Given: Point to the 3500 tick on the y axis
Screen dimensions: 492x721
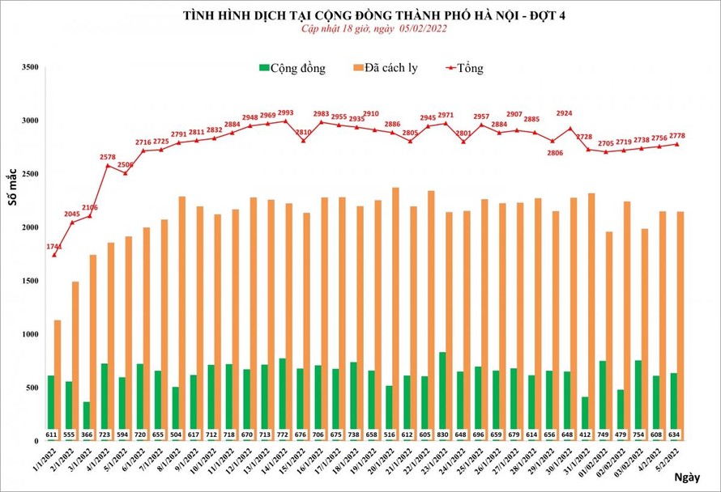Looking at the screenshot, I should [x=29, y=67].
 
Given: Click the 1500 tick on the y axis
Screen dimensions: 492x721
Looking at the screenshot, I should [x=29, y=281].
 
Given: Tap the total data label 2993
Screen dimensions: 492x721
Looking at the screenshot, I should [x=285, y=112].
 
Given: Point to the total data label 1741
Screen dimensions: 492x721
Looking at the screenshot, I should [x=55, y=246].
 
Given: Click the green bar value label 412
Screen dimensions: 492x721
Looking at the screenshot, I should [x=585, y=435].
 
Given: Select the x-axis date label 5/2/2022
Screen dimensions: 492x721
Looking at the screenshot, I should [x=670, y=461].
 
